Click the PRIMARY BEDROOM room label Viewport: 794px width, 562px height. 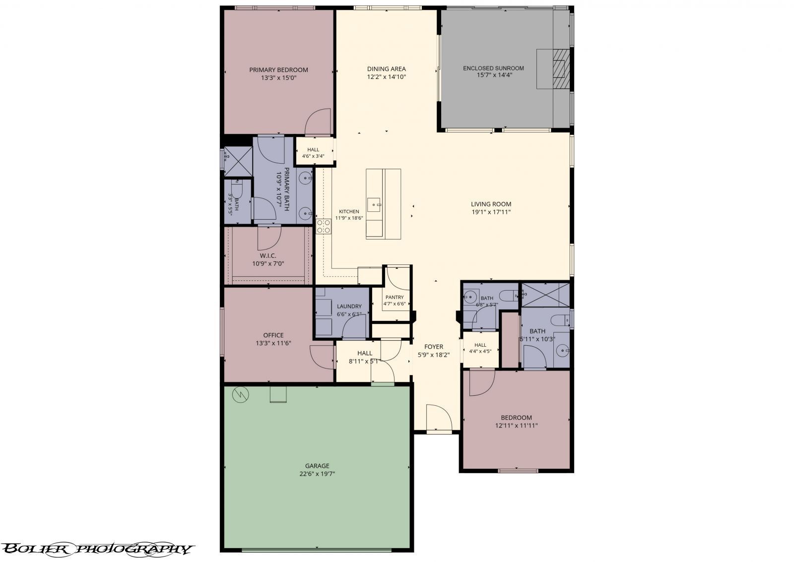click(x=278, y=70)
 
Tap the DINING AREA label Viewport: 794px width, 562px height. click(x=387, y=69)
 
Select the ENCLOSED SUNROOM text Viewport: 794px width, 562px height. click(x=493, y=68)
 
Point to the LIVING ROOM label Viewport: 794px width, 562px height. click(x=491, y=204)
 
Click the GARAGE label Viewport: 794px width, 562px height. click(x=317, y=466)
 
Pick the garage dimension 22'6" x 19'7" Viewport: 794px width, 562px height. click(x=317, y=474)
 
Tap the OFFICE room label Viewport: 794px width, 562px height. click(x=273, y=335)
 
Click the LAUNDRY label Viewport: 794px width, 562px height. click(x=349, y=306)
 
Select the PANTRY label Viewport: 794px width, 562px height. click(x=395, y=297)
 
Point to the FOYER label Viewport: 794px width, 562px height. click(x=434, y=347)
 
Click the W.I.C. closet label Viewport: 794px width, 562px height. click(x=268, y=255)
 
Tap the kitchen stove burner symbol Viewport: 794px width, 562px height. click(x=324, y=226)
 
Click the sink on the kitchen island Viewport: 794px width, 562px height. click(x=374, y=205)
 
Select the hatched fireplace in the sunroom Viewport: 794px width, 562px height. click(x=562, y=69)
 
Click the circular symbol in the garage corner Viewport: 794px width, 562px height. click(x=240, y=394)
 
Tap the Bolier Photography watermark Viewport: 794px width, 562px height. click(x=97, y=549)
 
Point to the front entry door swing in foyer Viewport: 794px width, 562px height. click(x=439, y=419)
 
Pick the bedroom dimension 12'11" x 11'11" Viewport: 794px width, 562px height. click(x=516, y=425)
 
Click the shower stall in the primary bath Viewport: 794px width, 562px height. click(x=238, y=161)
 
